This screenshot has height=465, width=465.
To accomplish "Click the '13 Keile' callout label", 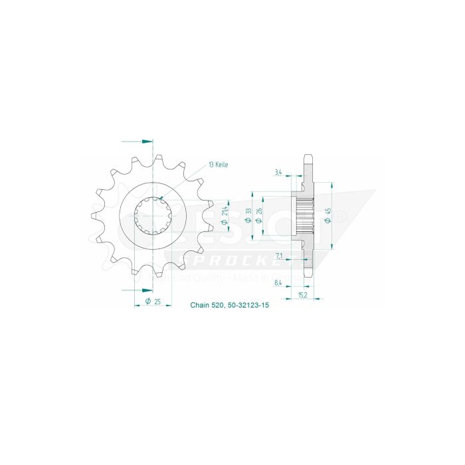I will click(218, 164).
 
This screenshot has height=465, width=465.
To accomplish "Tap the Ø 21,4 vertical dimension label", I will click(226, 212).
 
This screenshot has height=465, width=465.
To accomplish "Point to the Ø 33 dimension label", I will click(248, 216).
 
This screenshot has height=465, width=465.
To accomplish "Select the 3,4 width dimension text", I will click(277, 173).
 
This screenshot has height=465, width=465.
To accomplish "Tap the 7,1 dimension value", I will click(278, 255).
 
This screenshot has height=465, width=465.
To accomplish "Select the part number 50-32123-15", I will click(246, 306).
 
